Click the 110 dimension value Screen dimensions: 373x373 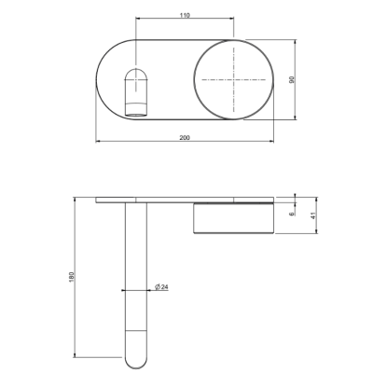[x=185, y=15]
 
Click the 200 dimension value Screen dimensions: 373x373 [x=185, y=138]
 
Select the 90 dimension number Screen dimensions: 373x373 [x=292, y=79]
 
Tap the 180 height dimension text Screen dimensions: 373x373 [x=72, y=277]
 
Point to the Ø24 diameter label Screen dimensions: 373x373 [x=161, y=287]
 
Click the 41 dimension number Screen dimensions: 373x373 [x=313, y=215]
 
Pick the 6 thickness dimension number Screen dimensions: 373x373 [x=292, y=214]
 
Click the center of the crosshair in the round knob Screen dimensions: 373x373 [x=233, y=80]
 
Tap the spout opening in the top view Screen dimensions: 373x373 [x=136, y=92]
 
